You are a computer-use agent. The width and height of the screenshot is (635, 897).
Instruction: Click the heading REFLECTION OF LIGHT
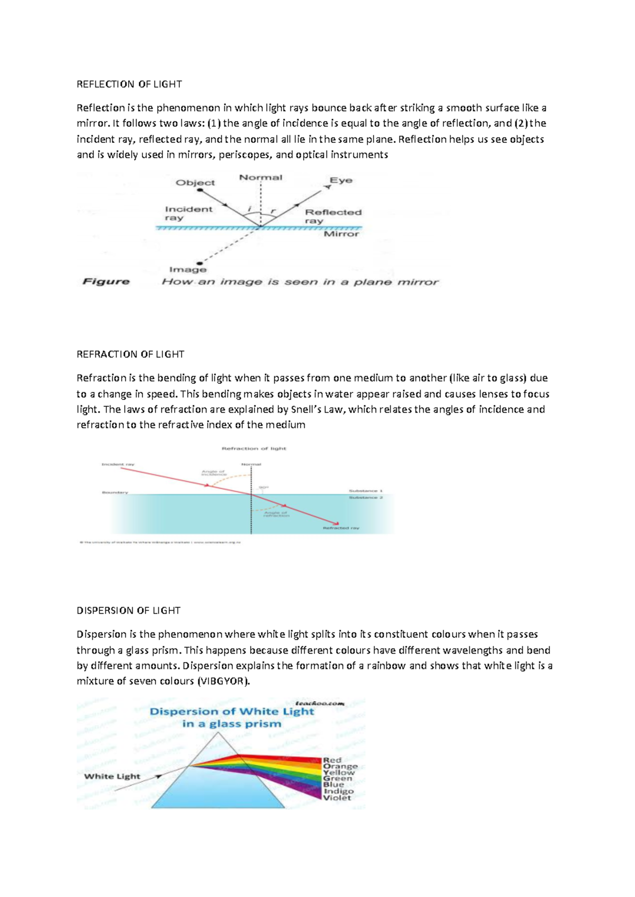click(129, 84)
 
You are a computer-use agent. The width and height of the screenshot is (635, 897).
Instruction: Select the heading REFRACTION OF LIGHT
click(130, 354)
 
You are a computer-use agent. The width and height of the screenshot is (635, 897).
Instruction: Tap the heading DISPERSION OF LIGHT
click(129, 610)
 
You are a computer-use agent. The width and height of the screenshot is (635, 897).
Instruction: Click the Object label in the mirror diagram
click(195, 183)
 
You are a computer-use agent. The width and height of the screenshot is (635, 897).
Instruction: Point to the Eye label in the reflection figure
click(341, 180)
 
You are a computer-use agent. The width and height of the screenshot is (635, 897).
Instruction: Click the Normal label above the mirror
click(261, 178)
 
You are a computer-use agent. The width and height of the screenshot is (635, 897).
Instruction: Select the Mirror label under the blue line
click(341, 234)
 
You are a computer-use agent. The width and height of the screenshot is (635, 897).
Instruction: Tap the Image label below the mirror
click(188, 270)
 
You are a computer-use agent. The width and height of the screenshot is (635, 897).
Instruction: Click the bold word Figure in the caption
click(106, 281)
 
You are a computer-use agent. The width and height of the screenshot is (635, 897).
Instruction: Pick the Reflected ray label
click(333, 216)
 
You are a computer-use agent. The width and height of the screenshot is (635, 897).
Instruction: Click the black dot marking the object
click(199, 190)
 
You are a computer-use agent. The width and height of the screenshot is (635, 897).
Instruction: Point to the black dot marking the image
click(199, 263)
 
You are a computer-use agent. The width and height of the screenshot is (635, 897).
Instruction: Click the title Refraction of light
click(253, 448)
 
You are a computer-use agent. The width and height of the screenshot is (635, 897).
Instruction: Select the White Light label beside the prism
click(112, 776)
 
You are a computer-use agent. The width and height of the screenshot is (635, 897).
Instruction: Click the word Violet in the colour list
click(337, 798)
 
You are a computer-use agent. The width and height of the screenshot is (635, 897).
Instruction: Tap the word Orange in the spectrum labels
click(340, 766)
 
